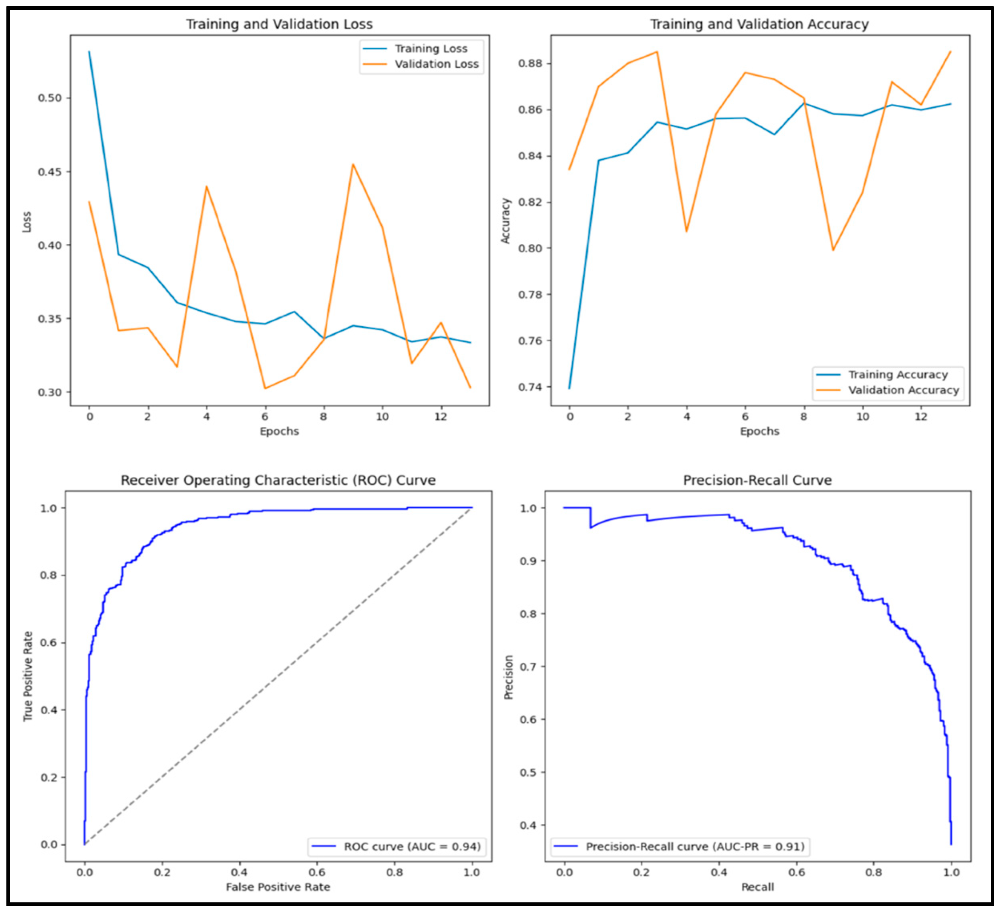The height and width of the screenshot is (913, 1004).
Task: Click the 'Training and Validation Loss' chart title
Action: [279, 24]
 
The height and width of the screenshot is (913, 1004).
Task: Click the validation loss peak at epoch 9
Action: [353, 164]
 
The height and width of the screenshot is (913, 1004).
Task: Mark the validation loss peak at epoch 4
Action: [206, 187]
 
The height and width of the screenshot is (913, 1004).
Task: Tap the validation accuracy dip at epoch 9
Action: [833, 250]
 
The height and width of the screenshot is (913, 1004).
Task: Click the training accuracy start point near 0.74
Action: [570, 388]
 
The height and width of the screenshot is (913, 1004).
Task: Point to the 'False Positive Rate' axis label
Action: [278, 887]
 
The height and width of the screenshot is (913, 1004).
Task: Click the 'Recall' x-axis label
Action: [757, 887]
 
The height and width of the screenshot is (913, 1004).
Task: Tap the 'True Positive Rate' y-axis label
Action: [28, 676]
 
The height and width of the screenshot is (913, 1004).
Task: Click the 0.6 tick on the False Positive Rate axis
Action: [317, 872]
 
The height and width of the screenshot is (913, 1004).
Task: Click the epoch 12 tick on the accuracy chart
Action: [921, 417]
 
